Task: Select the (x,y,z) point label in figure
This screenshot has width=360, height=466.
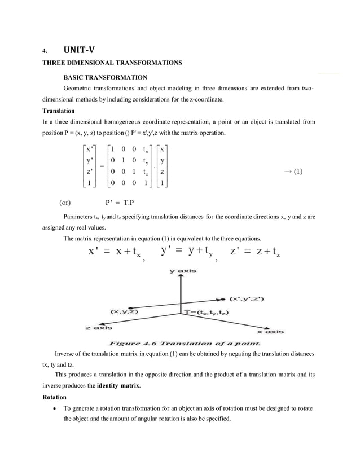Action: click(x=125, y=311)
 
